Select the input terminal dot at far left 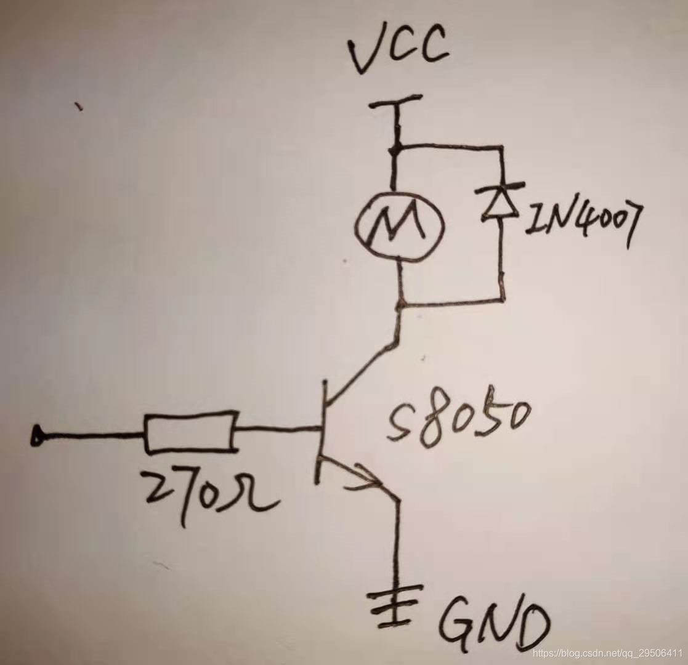pos(37,437)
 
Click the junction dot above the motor pos(396,147)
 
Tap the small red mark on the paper pos(78,107)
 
